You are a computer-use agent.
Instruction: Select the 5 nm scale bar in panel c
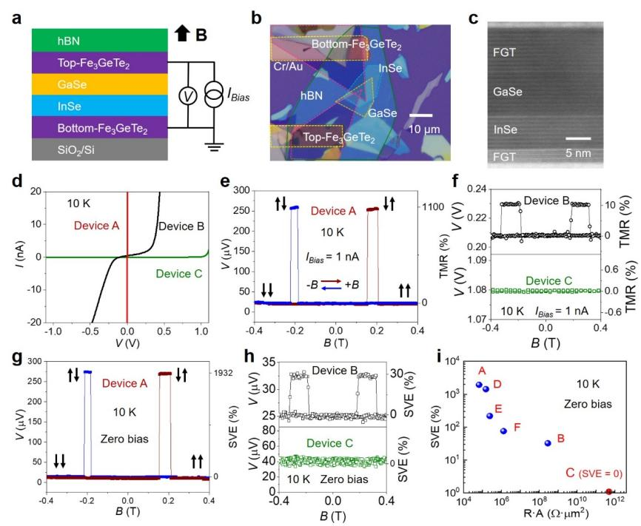pyautogui.click(x=580, y=138)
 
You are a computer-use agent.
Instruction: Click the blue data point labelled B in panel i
pyautogui.click(x=548, y=443)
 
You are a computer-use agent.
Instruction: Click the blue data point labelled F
pyautogui.click(x=504, y=431)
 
